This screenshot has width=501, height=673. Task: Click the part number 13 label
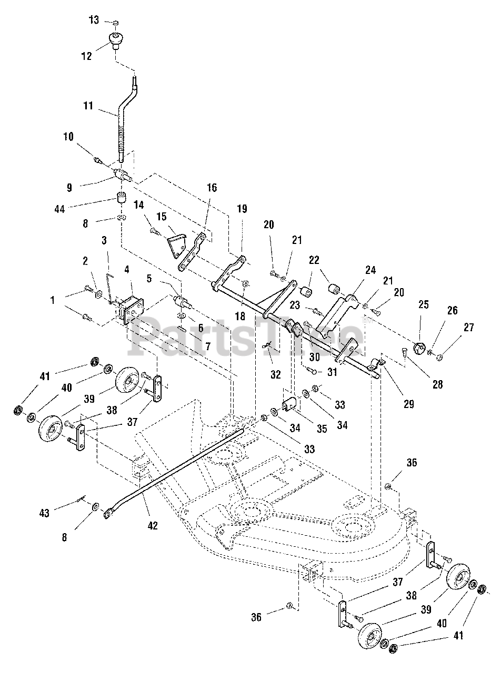coord(94,20)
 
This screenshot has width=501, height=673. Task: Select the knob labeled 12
coord(116,39)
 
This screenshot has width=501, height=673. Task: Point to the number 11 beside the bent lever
coord(88,106)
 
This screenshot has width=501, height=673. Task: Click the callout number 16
coord(212,188)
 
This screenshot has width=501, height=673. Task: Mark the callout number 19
coord(242,208)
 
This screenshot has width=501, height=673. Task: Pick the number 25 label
coord(424,304)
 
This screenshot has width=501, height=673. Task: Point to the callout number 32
coord(276,375)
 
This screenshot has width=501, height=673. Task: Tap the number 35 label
coord(322,429)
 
